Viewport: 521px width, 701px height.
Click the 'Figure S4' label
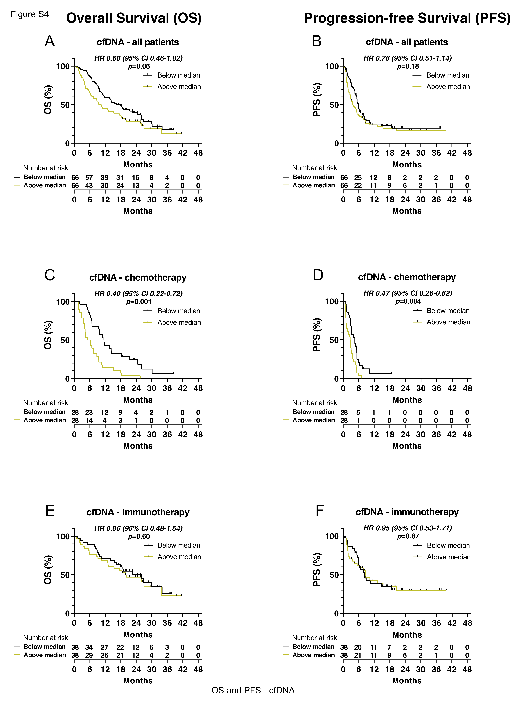pos(30,14)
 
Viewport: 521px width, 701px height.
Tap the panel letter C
pos(50,275)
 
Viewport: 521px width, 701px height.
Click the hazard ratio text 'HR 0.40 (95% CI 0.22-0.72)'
pos(138,293)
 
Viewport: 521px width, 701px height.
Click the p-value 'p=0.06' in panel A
pos(139,66)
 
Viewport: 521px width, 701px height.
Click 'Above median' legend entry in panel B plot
pos(448,87)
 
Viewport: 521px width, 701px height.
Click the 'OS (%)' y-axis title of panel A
pos(48,100)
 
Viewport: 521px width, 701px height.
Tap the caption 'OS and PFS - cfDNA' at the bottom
pos(253,690)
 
